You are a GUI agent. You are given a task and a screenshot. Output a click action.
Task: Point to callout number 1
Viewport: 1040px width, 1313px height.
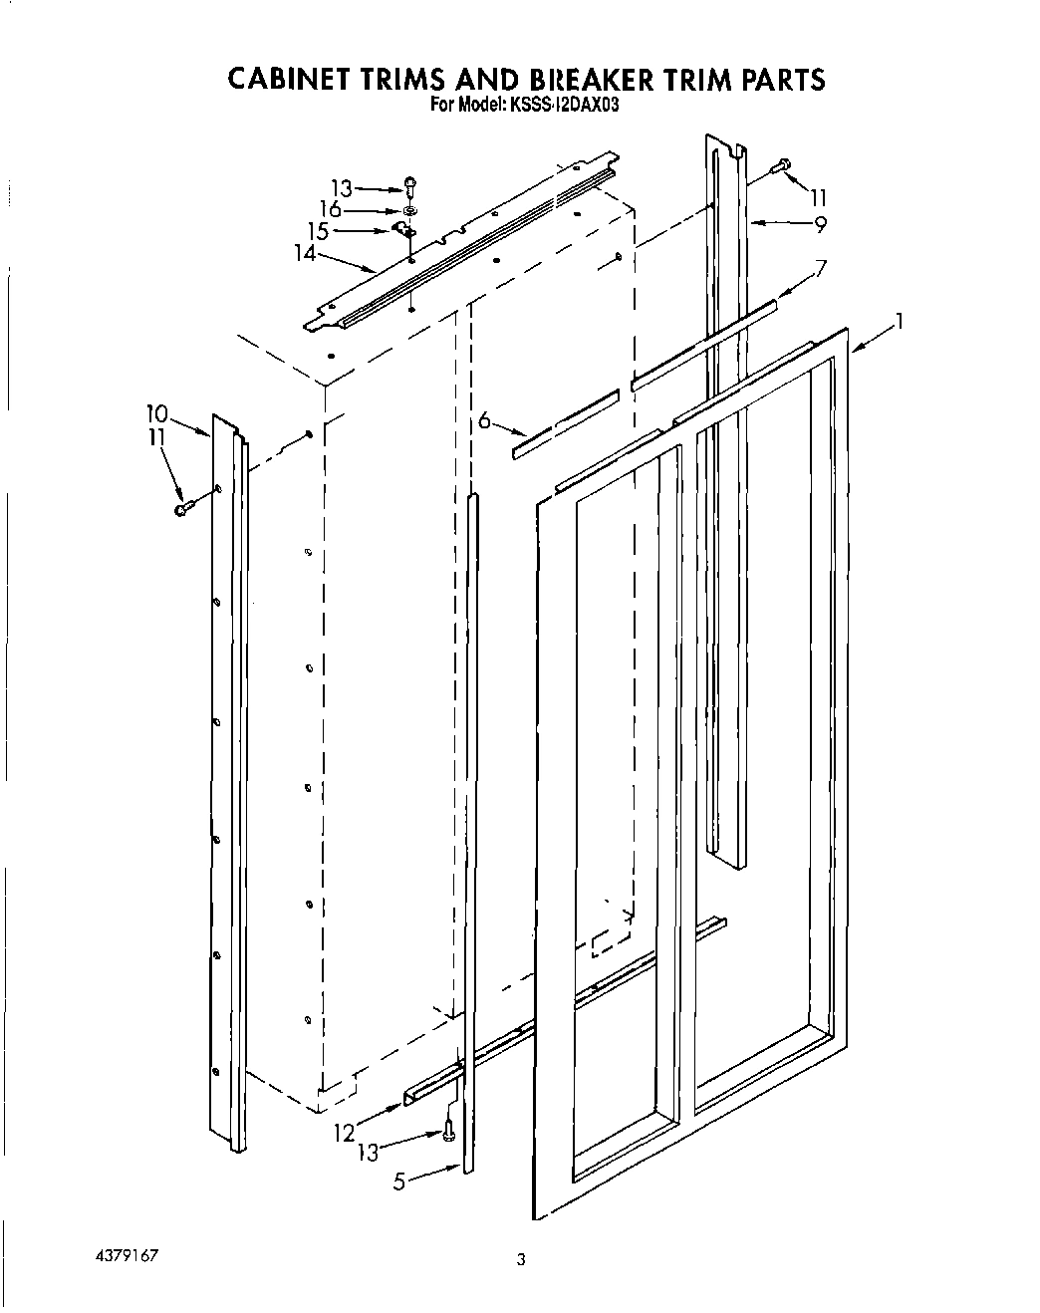899,321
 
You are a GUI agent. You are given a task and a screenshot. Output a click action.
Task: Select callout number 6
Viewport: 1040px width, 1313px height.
485,420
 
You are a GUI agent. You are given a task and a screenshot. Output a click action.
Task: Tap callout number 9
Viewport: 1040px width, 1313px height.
820,225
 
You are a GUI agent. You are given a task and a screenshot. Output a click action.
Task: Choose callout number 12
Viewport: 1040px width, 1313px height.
344,1132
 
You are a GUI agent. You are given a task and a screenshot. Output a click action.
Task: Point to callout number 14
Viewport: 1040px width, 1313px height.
304,253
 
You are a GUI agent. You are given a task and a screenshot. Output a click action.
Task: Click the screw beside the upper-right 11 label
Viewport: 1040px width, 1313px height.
782,164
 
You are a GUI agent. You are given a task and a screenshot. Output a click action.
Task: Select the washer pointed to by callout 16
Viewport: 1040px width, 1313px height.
409,210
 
